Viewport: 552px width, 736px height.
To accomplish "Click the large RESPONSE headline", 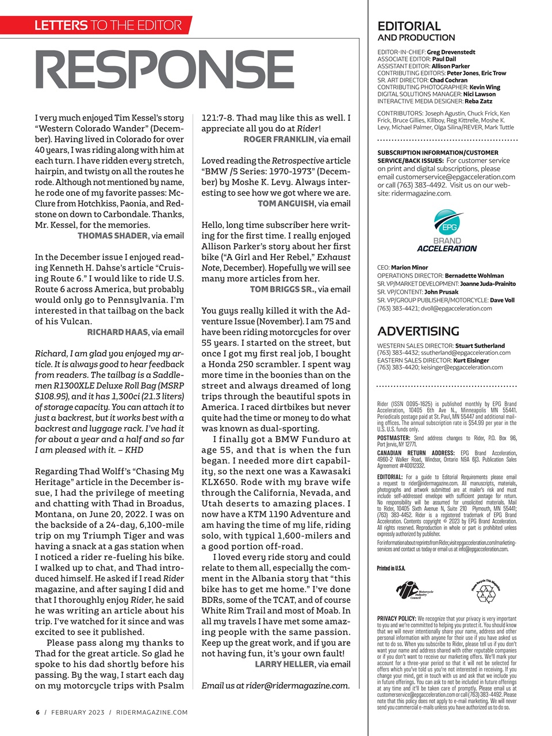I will pos(164,70).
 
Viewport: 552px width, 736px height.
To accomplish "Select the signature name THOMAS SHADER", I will pos(113,236).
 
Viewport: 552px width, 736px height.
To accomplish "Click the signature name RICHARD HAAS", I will pos(117,332).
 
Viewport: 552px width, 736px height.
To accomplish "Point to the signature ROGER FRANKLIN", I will pos(279,139).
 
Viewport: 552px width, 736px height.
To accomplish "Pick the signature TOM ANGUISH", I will pos(286,204).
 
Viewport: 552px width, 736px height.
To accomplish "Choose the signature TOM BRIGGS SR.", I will pos(282,289).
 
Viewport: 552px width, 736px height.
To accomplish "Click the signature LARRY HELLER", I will pos(285,664).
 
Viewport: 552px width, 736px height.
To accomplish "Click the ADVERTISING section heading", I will pos(418,331).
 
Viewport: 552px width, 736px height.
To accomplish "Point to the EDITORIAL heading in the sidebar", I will pos(409,26).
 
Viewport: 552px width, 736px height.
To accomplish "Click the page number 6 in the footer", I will pos(37,712).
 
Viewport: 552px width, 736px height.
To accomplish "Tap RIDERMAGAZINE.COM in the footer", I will pos(152,712).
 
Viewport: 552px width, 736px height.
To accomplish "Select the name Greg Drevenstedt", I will pos(451,52).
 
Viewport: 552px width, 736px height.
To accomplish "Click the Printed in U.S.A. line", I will pos(391,568).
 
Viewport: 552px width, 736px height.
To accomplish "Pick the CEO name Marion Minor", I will pos(409,267).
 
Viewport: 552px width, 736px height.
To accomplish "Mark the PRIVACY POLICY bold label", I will pos(397,619).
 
